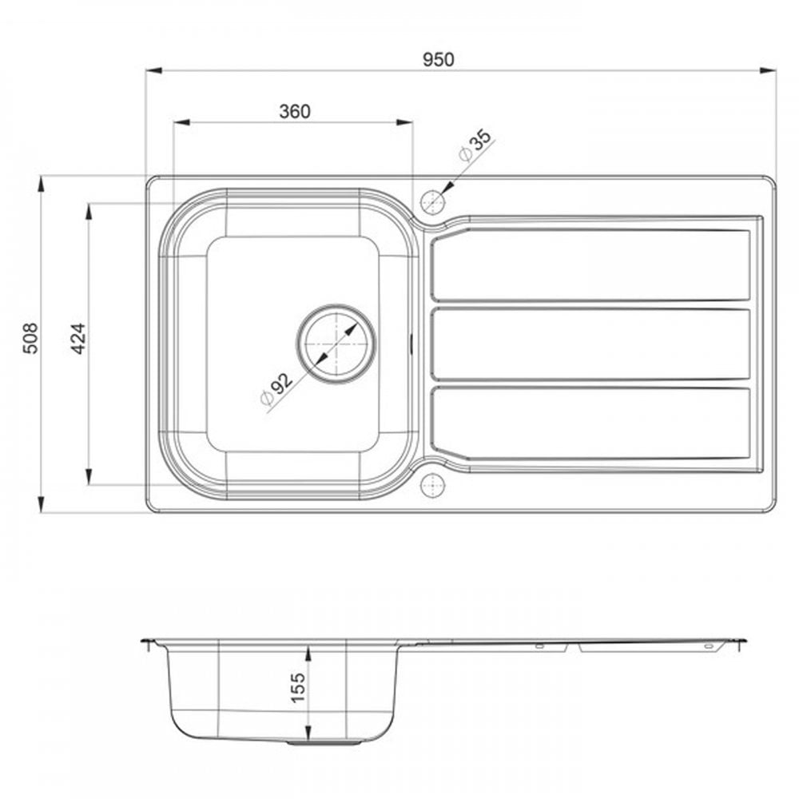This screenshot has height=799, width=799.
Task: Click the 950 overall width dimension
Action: pyautogui.click(x=439, y=60)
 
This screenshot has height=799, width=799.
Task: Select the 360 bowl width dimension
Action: pyautogui.click(x=294, y=112)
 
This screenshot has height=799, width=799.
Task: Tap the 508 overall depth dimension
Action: pyautogui.click(x=30, y=339)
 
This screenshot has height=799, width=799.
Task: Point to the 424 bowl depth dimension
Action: pyautogui.click(x=77, y=339)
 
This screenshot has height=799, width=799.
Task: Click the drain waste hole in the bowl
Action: pyautogui.click(x=336, y=344)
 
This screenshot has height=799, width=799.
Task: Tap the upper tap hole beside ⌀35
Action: pyautogui.click(x=431, y=202)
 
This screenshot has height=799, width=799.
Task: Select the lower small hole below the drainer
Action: pyautogui.click(x=431, y=484)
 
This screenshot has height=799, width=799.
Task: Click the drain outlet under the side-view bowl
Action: pyautogui.click(x=324, y=743)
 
